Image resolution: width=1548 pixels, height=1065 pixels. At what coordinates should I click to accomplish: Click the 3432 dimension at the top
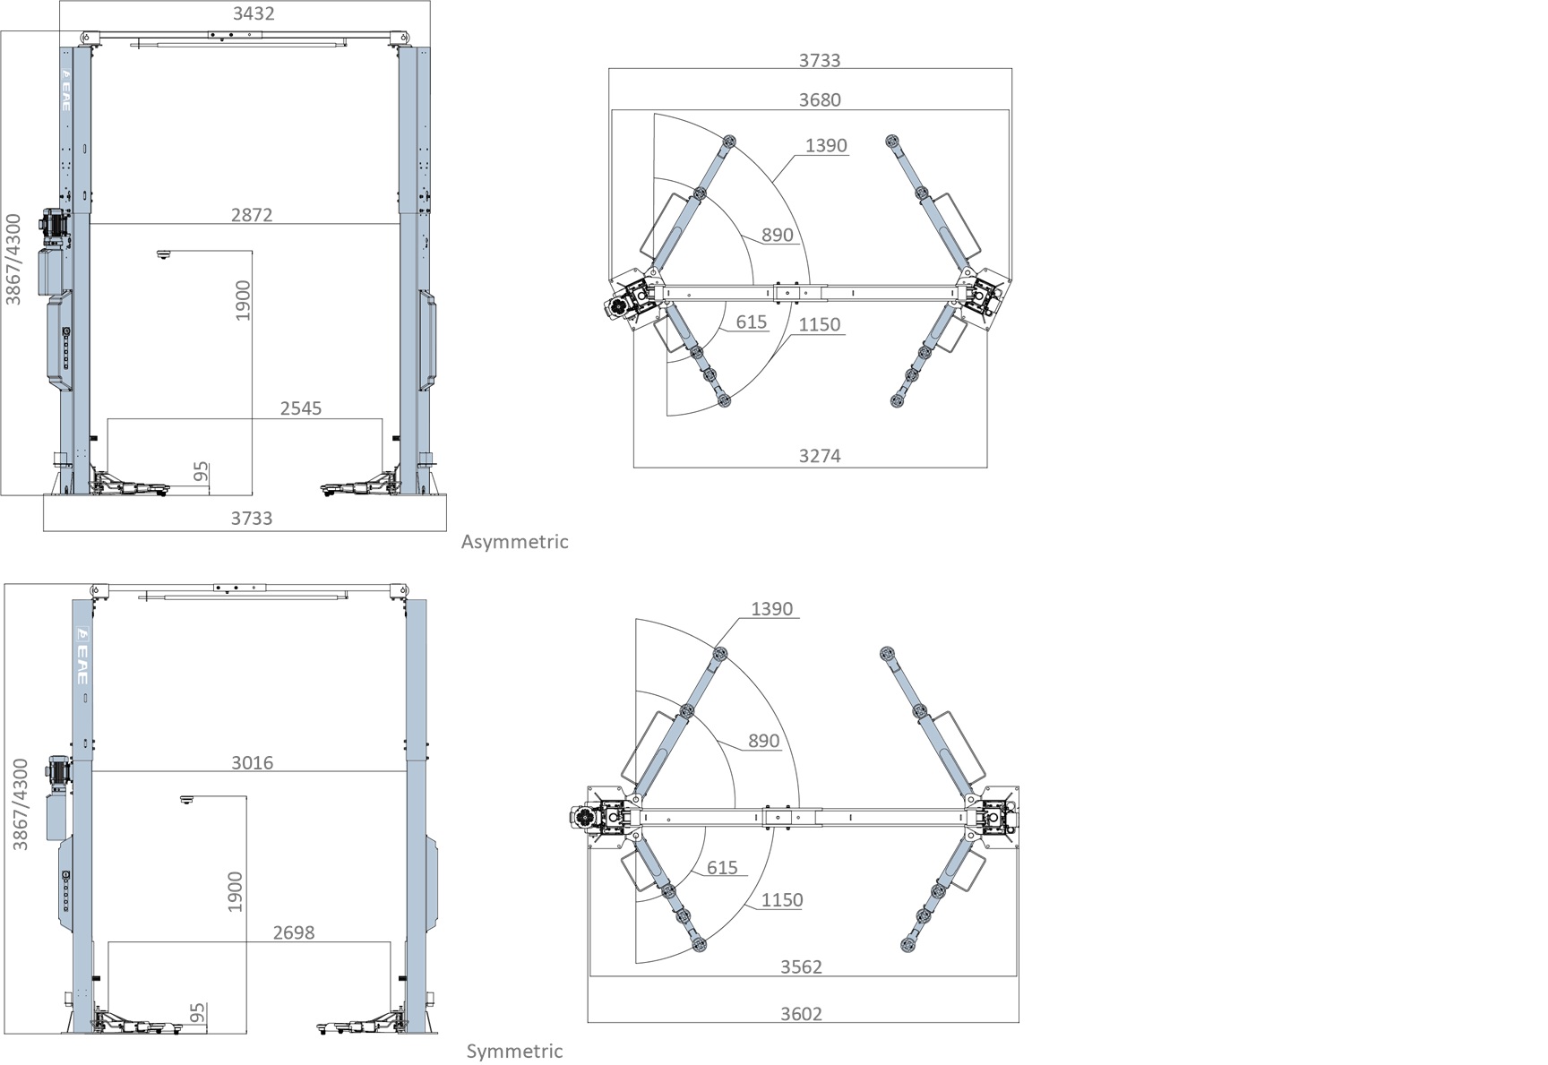click(x=254, y=13)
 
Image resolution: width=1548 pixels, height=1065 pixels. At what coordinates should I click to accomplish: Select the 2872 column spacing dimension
click(x=252, y=215)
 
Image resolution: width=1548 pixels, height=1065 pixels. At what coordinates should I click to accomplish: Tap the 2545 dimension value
click(x=301, y=408)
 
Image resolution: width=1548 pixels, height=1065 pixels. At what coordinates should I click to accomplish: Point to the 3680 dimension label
click(x=820, y=99)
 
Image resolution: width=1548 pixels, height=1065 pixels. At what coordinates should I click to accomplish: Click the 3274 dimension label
click(x=820, y=456)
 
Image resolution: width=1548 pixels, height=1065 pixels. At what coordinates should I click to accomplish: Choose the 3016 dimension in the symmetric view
click(x=253, y=763)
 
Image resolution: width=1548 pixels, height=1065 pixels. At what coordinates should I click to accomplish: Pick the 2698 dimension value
click(x=294, y=932)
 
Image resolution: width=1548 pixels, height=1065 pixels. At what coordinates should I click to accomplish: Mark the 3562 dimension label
click(x=801, y=966)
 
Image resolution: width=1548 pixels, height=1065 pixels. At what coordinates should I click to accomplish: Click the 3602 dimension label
click(x=801, y=1014)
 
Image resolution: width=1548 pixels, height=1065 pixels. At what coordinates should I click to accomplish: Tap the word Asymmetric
click(x=515, y=542)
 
